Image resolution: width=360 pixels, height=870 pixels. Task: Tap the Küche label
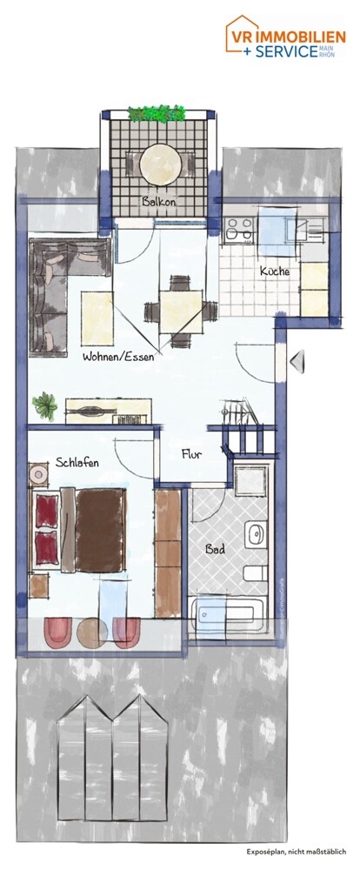275,271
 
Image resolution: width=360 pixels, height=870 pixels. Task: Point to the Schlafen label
77,462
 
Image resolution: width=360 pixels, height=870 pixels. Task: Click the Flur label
192,453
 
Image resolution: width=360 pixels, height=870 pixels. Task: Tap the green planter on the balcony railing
157,113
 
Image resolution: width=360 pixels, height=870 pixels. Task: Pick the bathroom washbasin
256,534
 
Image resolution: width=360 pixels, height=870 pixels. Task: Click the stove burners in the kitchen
238,228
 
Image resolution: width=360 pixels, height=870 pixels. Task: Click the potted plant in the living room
43,403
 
